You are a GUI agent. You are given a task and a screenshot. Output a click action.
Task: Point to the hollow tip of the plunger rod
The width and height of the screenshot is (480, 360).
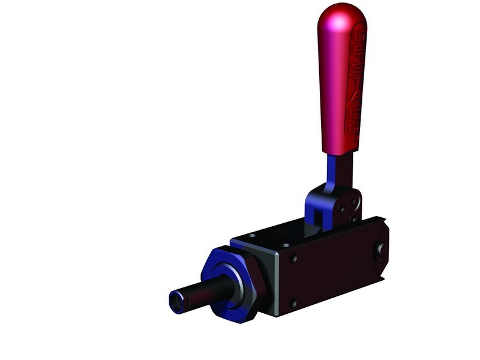pyautogui.click(x=176, y=301)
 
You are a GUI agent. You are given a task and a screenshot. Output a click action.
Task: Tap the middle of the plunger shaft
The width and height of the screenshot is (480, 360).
pyautogui.click(x=198, y=294)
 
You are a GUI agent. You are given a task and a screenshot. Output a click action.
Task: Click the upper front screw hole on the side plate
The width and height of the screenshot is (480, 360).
pyautogui.click(x=293, y=259)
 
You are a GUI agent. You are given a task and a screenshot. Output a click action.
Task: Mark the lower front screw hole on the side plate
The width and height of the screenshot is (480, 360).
pyautogui.click(x=293, y=304)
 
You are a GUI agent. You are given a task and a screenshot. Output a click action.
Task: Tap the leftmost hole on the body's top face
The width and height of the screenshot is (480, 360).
pyautogui.click(x=251, y=235)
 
